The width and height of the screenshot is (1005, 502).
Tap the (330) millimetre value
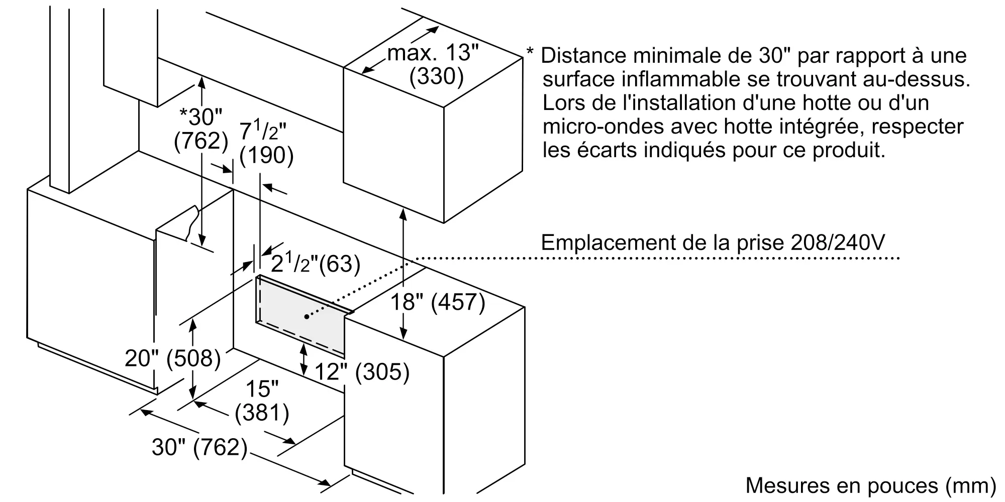click(x=436, y=77)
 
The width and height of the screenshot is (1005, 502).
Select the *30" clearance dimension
click(x=201, y=117)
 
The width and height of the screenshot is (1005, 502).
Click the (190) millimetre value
click(x=266, y=155)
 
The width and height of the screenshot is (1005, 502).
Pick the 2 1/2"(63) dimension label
click(x=316, y=264)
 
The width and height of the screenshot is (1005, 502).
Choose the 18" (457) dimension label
click(x=438, y=302)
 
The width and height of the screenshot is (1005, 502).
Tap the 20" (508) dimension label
click(x=173, y=358)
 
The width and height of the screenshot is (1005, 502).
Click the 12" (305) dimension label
click(x=362, y=372)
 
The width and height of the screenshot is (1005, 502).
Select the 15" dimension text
click(x=262, y=389)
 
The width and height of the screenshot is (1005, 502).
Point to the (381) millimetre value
click(x=262, y=413)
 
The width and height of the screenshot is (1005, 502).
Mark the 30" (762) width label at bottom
click(x=199, y=447)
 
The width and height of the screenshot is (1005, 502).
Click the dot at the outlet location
click(x=307, y=317)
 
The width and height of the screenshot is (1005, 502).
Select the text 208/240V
click(x=838, y=243)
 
